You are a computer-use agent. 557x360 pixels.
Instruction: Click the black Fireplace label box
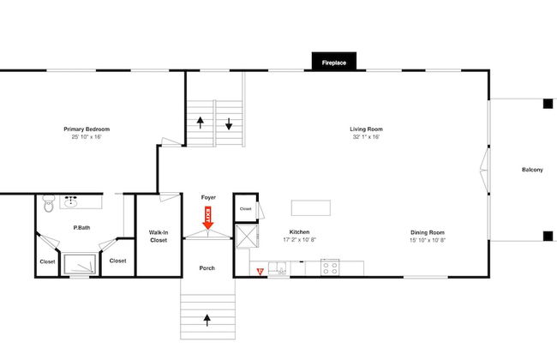pyautogui.click(x=334, y=61)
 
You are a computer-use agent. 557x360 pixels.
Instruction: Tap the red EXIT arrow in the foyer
pyautogui.click(x=208, y=218)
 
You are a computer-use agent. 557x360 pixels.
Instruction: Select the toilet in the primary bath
pyautogui.click(x=49, y=204)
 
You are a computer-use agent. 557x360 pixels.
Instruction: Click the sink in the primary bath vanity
pyautogui.click(x=71, y=201)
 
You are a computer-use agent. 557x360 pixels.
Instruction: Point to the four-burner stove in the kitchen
pyautogui.click(x=330, y=267)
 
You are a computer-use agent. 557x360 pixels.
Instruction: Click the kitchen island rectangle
pyautogui.click(x=311, y=208)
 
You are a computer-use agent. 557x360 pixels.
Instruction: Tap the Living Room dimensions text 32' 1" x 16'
pyautogui.click(x=366, y=137)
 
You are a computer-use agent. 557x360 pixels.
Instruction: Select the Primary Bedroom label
pyautogui.click(x=87, y=129)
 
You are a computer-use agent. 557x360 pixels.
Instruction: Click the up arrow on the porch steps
pyautogui.click(x=207, y=321)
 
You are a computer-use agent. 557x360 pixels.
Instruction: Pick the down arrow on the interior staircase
pyautogui.click(x=229, y=123)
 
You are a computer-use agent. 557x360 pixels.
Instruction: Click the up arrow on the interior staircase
pyautogui.click(x=201, y=123)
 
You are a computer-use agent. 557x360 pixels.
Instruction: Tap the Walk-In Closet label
pyautogui.click(x=159, y=237)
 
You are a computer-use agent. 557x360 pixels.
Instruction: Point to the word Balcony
pyautogui.click(x=532, y=170)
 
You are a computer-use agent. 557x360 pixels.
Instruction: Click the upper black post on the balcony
pyautogui.click(x=548, y=104)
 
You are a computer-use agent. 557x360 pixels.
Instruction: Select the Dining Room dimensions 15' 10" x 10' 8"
pyautogui.click(x=428, y=240)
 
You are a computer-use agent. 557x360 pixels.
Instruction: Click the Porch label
pyautogui.click(x=207, y=268)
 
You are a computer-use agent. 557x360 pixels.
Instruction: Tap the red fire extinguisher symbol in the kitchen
pyautogui.click(x=260, y=272)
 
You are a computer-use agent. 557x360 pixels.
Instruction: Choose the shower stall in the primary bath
pyautogui.click(x=80, y=264)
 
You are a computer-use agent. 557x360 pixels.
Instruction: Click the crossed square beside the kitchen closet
pyautogui.click(x=248, y=237)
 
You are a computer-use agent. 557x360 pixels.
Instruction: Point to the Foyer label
pyautogui.click(x=208, y=197)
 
